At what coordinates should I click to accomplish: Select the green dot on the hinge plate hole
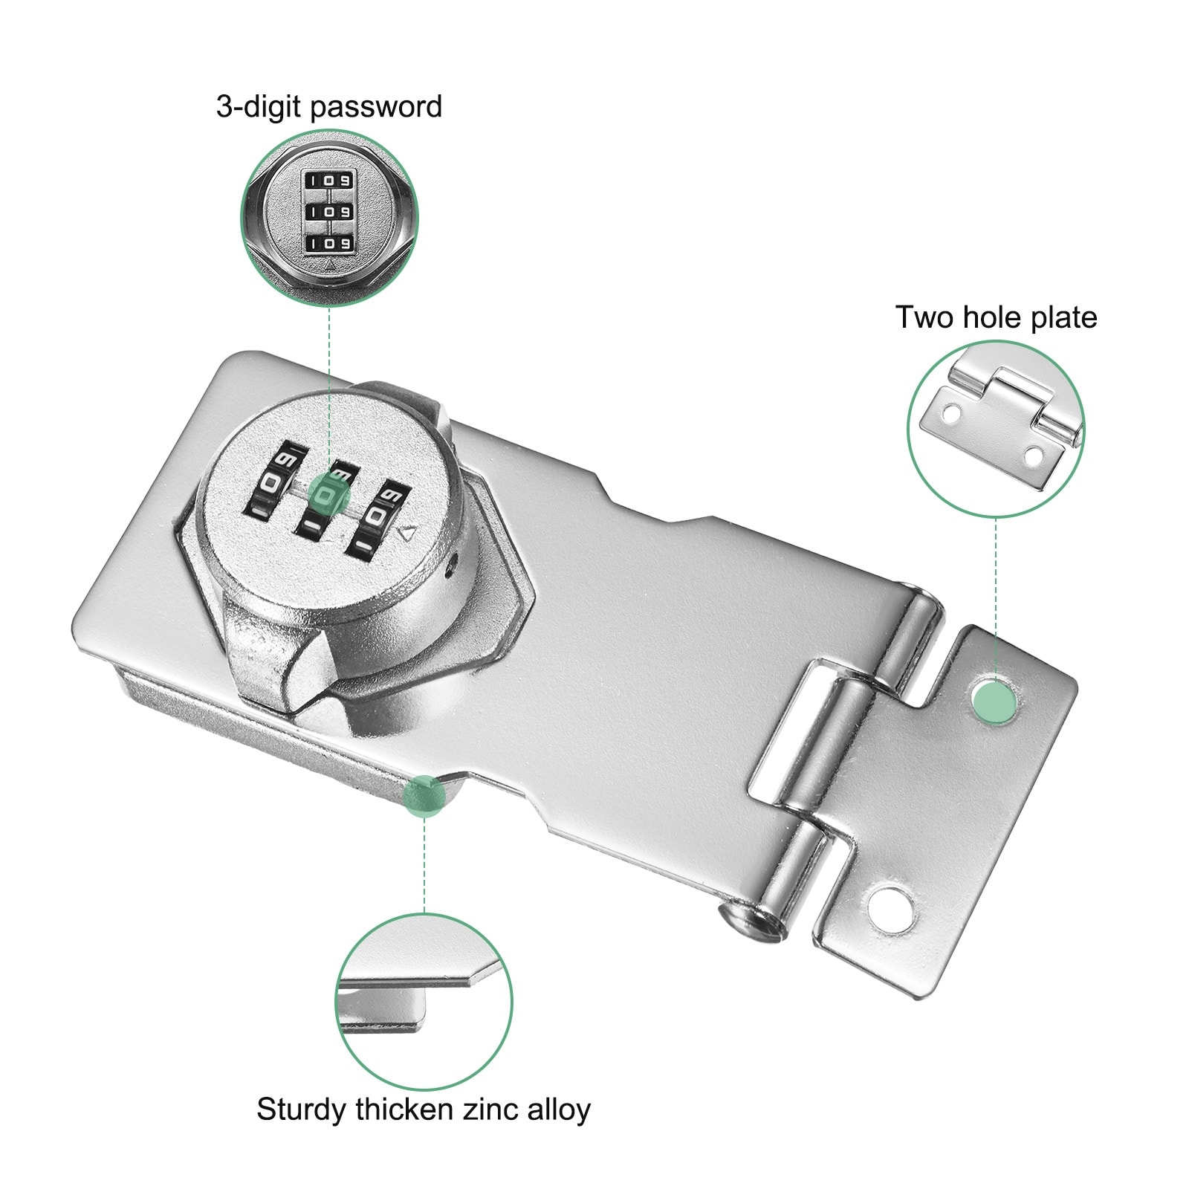point(995,699)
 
